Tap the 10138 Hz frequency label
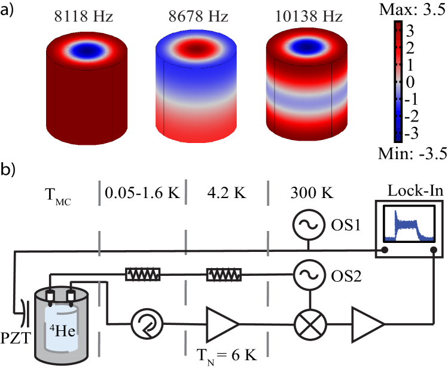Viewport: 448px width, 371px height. [x=308, y=16]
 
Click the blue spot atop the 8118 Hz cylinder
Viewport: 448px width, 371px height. [x=87, y=50]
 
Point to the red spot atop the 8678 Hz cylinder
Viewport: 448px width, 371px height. [x=196, y=46]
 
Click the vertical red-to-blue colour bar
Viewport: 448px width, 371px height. [x=398, y=81]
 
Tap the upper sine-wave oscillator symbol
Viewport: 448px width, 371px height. [x=309, y=224]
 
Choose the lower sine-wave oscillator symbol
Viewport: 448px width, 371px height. [x=309, y=275]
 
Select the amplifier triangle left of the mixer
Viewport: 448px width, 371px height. [x=222, y=324]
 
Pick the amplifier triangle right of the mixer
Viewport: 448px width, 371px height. [x=367, y=324]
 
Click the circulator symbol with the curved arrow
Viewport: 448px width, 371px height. [x=147, y=324]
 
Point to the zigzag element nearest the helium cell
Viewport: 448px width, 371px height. [x=143, y=275]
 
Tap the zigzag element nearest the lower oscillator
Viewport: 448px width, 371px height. [x=224, y=275]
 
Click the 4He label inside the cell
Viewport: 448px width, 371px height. [x=62, y=330]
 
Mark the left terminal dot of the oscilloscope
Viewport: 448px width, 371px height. [x=385, y=250]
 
